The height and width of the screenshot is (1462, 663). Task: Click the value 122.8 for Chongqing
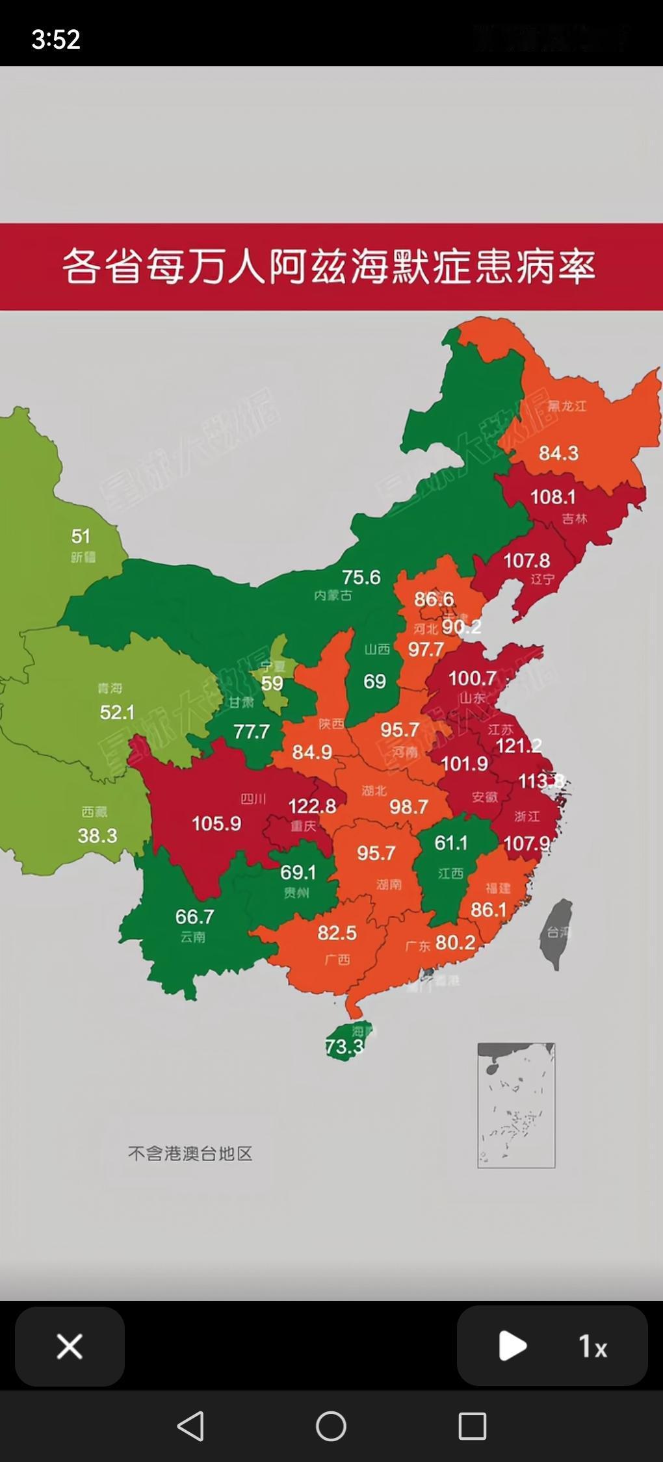(312, 806)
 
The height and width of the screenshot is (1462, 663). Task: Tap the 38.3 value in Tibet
(97, 836)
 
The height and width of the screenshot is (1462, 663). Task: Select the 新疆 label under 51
(83, 558)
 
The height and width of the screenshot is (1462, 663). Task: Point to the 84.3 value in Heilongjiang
(558, 453)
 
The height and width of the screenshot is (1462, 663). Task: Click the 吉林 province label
(575, 519)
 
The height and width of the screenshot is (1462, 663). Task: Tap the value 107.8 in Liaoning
(526, 560)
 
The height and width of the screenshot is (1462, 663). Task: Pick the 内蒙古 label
(333, 595)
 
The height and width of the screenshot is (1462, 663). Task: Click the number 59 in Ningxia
(272, 684)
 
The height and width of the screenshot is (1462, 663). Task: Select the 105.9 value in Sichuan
(216, 824)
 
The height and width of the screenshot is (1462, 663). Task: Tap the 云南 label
(193, 937)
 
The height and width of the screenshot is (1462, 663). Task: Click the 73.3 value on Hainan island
(344, 1047)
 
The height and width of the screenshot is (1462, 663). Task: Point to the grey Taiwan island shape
(557, 932)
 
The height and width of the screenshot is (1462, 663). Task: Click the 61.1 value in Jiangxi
(451, 843)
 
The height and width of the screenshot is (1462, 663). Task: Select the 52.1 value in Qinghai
(117, 713)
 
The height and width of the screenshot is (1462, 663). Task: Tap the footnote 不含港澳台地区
(190, 1153)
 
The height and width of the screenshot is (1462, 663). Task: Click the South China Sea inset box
(516, 1105)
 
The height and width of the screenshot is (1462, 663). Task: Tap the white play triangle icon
(512, 1346)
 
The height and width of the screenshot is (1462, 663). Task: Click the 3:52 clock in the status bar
(56, 40)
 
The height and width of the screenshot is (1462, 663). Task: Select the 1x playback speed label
(593, 1346)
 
